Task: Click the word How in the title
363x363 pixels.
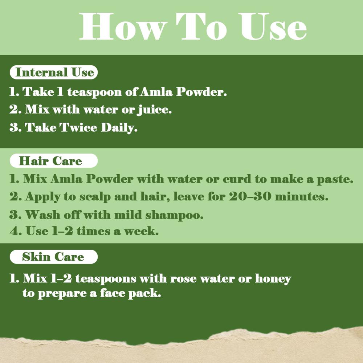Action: click(123, 26)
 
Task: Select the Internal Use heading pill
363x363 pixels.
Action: click(54, 72)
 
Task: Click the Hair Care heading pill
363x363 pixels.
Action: click(54, 161)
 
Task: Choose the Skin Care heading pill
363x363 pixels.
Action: click(54, 257)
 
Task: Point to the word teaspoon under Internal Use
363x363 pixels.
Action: click(94, 92)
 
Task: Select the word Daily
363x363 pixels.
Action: click(119, 128)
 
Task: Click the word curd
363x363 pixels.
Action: click(237, 179)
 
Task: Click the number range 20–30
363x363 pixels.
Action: click(250, 196)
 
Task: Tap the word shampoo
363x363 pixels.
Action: click(174, 215)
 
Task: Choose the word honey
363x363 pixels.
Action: click(273, 279)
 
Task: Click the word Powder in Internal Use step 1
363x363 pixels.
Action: click(201, 92)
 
